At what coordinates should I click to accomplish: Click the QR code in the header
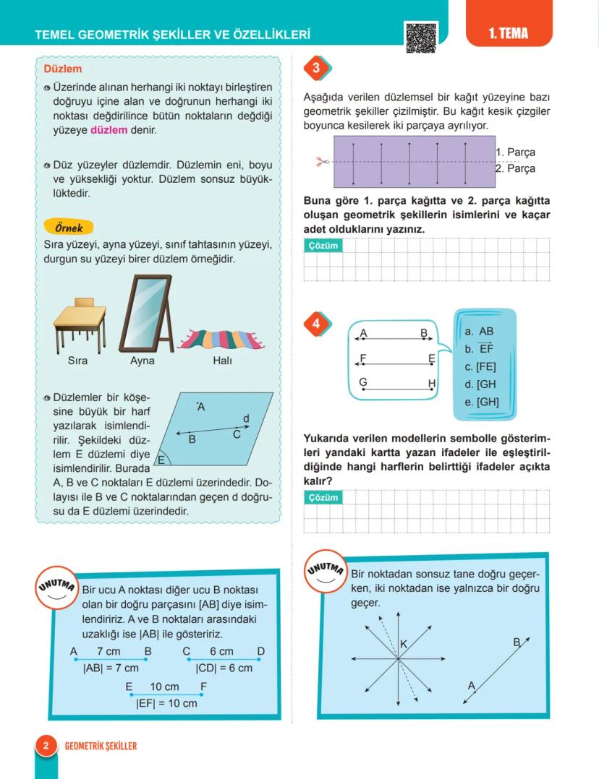[x=421, y=35]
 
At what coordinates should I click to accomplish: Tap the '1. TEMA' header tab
[x=508, y=33]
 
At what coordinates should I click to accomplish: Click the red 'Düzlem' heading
[x=63, y=69]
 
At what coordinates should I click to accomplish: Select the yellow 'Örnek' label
[x=69, y=228]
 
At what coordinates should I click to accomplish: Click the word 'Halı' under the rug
[x=223, y=361]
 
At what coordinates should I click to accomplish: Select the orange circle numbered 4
[x=316, y=324]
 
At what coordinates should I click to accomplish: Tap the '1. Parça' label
[x=516, y=152]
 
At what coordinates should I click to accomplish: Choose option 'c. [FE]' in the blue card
[x=480, y=367]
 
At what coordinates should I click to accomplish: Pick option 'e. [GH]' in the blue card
[x=482, y=402]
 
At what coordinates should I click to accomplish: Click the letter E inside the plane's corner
[x=162, y=460]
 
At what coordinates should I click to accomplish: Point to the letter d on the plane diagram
[x=246, y=418]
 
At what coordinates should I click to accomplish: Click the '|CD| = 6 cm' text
[x=224, y=668]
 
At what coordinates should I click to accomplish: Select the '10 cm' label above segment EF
[x=164, y=687]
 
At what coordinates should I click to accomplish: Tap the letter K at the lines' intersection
[x=404, y=644]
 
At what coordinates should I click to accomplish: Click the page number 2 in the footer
[x=45, y=746]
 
